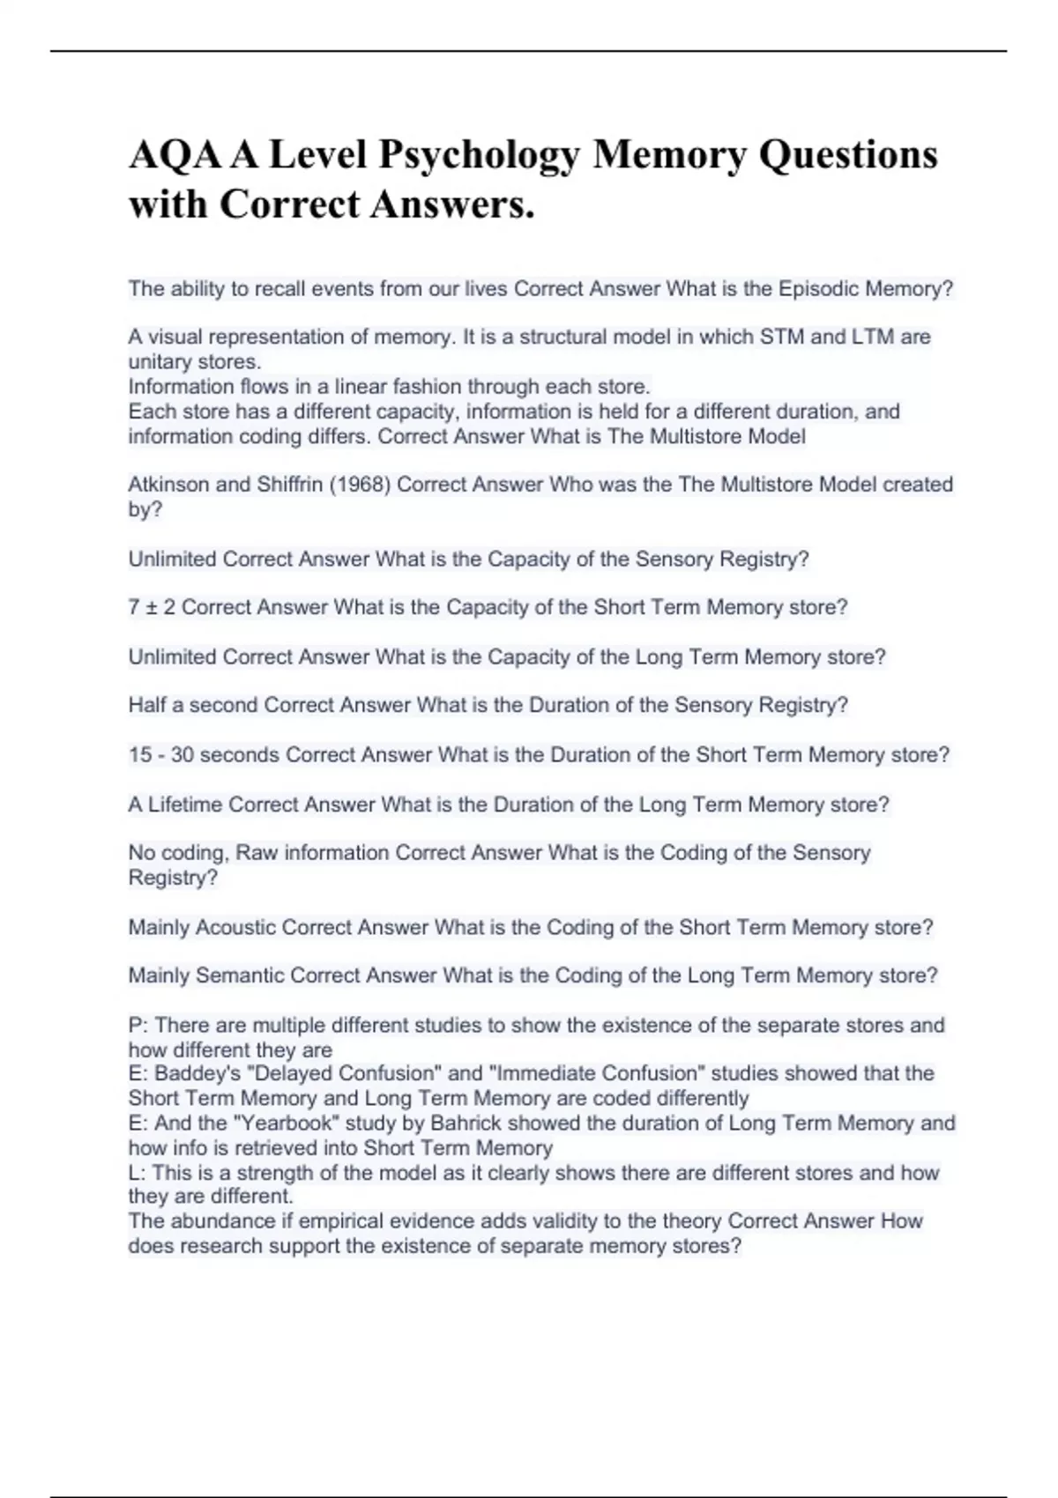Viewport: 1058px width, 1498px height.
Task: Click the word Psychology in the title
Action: [480, 156]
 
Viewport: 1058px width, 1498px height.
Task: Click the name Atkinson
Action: [169, 485]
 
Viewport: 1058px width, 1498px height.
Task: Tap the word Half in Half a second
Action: [147, 705]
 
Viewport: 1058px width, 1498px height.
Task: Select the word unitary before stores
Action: [160, 362]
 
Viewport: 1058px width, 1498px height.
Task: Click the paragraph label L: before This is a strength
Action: [136, 1173]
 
